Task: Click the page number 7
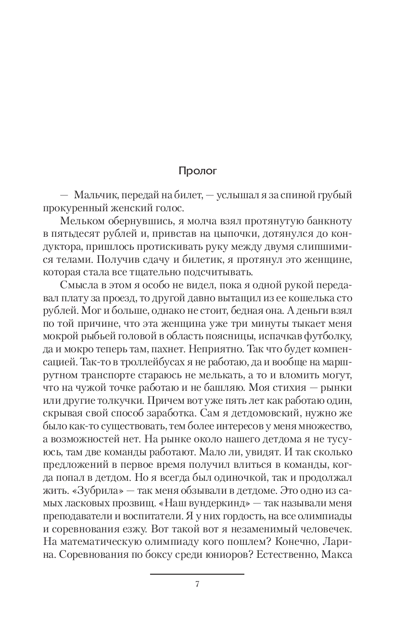(x=197, y=584)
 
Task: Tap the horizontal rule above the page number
(x=197, y=574)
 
